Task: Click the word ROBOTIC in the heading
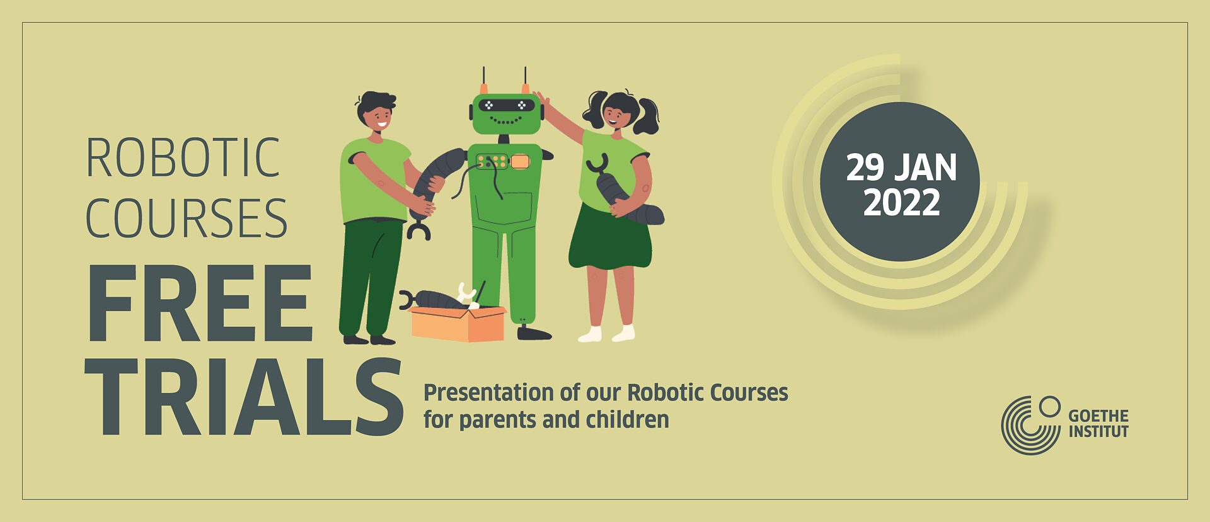tap(183, 158)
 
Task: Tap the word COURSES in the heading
tap(187, 218)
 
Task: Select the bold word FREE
tap(200, 304)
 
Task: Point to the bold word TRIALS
tap(244, 397)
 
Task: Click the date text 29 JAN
tap(901, 167)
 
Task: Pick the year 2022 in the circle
tap(901, 202)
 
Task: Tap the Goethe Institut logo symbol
tap(1030, 425)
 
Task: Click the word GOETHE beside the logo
tap(1098, 416)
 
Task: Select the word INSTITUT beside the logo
tap(1098, 432)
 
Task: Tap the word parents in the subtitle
tap(501, 420)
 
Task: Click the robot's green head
tap(506, 113)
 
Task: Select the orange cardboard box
tap(458, 325)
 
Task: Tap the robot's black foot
tap(533, 333)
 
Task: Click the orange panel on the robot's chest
tap(520, 162)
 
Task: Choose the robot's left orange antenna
tap(484, 88)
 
